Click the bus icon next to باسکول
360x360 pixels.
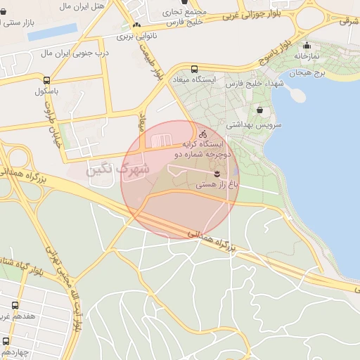(x=46, y=80)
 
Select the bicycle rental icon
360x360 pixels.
(x=203, y=134)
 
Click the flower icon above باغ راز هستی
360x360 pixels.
(x=217, y=172)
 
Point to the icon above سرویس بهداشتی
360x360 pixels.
(x=261, y=110)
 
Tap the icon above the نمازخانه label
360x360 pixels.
(x=307, y=46)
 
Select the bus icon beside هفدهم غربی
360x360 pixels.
(x=15, y=305)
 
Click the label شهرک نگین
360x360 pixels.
(x=119, y=169)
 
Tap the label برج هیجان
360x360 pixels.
(x=308, y=73)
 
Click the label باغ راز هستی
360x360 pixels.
(x=217, y=184)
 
